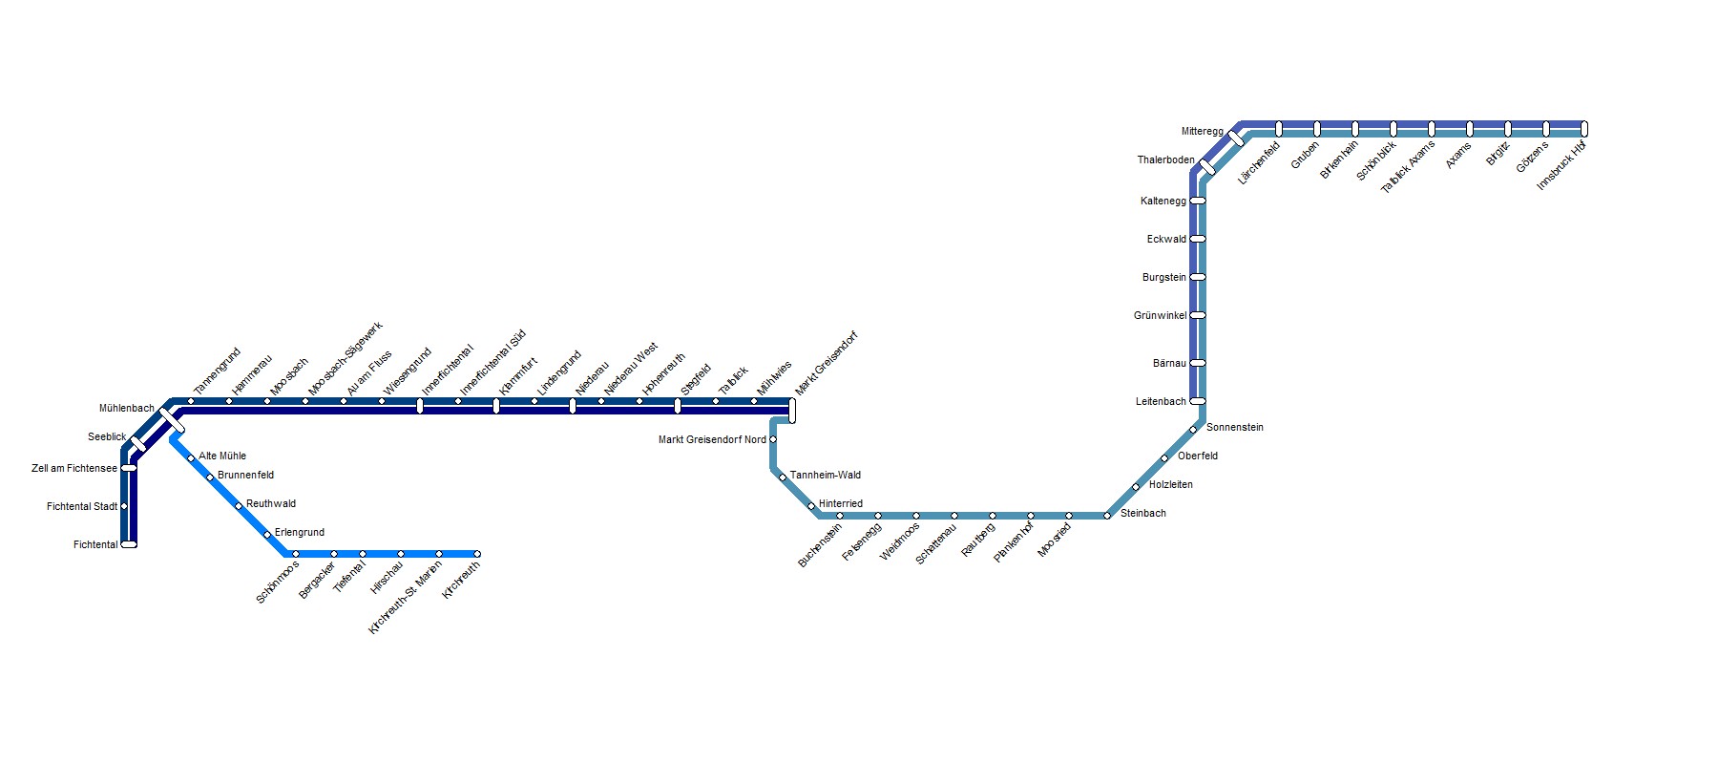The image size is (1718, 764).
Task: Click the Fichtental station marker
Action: [x=129, y=544]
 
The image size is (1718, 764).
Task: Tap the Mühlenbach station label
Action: [x=126, y=409]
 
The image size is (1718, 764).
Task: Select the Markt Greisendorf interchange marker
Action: [x=792, y=411]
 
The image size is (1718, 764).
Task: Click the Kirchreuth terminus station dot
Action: [x=477, y=554]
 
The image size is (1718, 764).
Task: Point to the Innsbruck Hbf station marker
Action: [x=1584, y=129]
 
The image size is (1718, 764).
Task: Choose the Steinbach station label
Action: [x=1142, y=514]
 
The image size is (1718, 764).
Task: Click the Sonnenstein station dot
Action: [x=1193, y=430]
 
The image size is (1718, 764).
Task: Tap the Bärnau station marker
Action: [x=1198, y=363]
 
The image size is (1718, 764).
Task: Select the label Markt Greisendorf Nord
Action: [x=712, y=440]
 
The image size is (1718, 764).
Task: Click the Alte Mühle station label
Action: [x=222, y=456]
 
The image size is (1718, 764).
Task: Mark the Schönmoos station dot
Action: [x=296, y=554]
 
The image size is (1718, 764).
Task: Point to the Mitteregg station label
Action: [x=1202, y=132]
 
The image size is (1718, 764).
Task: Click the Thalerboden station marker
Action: [x=1207, y=167]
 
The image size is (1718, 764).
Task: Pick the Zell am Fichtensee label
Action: [x=74, y=469]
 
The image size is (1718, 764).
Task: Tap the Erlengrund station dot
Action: [x=267, y=535]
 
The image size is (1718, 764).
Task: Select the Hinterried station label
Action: [x=840, y=504]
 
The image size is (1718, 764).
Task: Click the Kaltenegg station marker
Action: [x=1198, y=201]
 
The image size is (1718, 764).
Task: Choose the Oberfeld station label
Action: [x=1197, y=456]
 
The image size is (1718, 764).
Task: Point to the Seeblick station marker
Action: [x=138, y=444]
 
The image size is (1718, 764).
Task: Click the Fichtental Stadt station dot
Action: [x=124, y=506]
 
